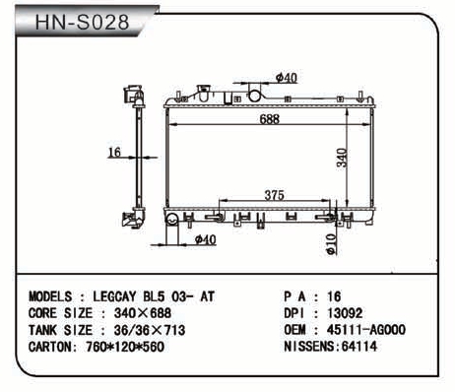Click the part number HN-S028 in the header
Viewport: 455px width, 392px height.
[82, 23]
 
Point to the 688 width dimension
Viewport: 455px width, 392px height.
[270, 119]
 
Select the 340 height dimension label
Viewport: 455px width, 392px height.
[342, 158]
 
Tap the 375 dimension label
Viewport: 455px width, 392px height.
[274, 195]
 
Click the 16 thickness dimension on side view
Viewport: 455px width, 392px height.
[114, 152]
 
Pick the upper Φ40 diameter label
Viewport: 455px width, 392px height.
[287, 78]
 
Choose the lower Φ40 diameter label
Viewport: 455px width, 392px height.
[205, 239]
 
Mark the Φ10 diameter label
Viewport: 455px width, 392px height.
[331, 244]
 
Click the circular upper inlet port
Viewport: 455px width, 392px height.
[254, 96]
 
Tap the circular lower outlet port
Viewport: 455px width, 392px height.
[171, 219]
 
